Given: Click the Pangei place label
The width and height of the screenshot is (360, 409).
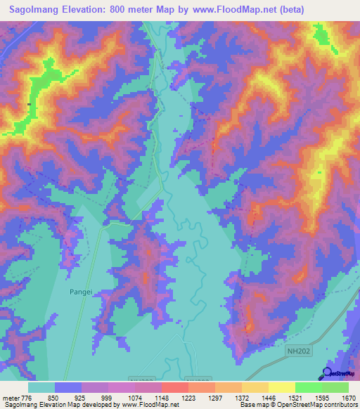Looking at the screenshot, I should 81,290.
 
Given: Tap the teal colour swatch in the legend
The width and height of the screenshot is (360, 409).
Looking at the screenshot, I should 41,387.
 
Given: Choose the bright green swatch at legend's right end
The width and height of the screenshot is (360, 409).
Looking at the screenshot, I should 335,387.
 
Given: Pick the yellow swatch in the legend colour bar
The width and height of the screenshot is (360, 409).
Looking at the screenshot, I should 281,387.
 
